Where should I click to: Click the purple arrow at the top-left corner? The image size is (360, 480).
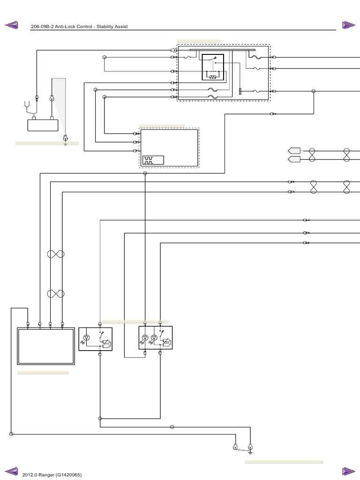tap(11, 24)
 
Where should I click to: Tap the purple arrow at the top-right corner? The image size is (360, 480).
tap(348, 24)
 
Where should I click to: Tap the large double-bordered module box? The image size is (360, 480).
tap(46, 346)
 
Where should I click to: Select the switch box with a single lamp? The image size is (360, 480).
tap(95, 339)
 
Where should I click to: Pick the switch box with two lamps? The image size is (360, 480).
tap(156, 338)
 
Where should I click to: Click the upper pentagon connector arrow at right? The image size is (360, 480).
tap(294, 151)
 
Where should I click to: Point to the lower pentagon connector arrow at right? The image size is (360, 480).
tap(294, 159)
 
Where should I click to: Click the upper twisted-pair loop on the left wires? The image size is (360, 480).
tap(55, 254)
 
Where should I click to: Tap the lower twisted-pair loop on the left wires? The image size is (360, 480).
tap(55, 294)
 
